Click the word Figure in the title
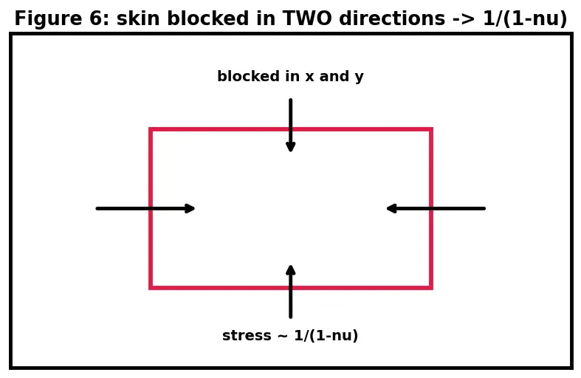pyautogui.click(x=48, y=18)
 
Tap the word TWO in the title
pyautogui.click(x=308, y=18)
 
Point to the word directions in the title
pyautogui.click(x=392, y=18)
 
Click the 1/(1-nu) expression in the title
pyautogui.click(x=525, y=18)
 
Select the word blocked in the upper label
pyautogui.click(x=249, y=76)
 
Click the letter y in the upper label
pyautogui.click(x=359, y=78)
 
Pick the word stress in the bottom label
pyautogui.click(x=247, y=336)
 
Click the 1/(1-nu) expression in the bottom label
pyautogui.click(x=326, y=336)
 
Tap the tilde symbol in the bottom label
pyautogui.click(x=283, y=336)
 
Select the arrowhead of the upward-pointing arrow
pyautogui.click(x=291, y=270)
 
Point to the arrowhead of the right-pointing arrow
pyautogui.click(x=189, y=209)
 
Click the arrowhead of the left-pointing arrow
pyautogui.click(x=392, y=209)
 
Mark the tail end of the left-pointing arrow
pyautogui.click(x=484, y=209)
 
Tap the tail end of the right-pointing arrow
pyautogui.click(x=97, y=209)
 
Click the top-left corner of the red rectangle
pyautogui.click(x=151, y=129)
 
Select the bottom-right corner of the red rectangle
pyautogui.click(x=431, y=288)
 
